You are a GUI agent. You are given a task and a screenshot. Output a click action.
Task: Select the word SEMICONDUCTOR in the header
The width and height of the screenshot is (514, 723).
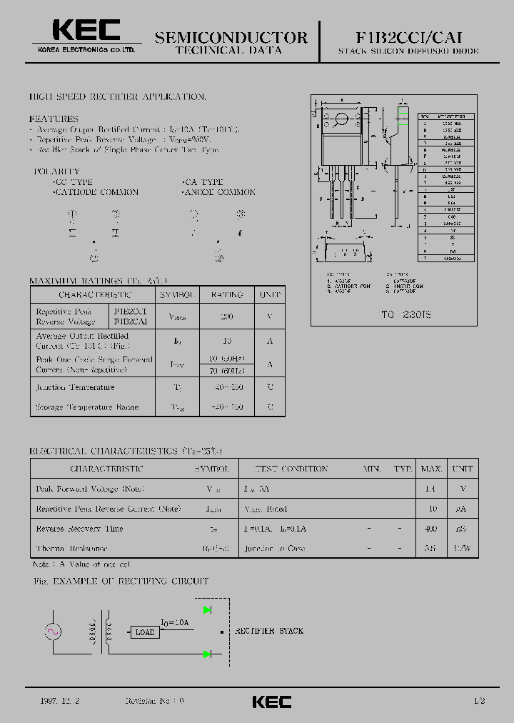[x=231, y=37]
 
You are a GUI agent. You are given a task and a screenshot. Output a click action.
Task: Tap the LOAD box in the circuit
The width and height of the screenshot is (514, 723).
[x=145, y=632]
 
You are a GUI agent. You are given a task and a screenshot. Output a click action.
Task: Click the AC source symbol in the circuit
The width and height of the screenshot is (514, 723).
[x=54, y=632]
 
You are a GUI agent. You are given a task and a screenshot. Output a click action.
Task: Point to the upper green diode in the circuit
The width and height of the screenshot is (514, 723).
[x=208, y=609]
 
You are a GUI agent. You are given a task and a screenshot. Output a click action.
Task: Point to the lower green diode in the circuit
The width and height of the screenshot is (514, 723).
[x=208, y=654]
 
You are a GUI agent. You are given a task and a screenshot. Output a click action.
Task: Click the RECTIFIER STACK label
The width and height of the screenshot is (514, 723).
[x=269, y=631]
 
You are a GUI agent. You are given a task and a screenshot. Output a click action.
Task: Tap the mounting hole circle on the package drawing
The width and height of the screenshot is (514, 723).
[x=341, y=119]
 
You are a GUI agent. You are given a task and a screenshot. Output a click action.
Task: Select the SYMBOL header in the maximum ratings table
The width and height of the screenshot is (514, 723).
[x=175, y=294]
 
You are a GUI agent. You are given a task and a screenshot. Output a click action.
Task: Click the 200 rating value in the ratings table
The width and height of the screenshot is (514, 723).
[x=227, y=316]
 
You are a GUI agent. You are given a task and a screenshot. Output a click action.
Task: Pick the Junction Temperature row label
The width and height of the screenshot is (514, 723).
[x=75, y=387]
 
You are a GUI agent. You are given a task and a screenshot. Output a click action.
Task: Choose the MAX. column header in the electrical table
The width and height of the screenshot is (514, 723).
[x=431, y=469]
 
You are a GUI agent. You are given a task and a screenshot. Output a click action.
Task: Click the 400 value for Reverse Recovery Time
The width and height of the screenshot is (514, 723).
[x=431, y=529]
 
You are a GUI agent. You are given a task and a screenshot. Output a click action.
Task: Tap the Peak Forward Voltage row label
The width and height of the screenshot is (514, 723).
[x=90, y=489]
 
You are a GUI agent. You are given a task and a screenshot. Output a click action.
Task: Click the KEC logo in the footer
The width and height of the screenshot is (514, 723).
[x=271, y=702]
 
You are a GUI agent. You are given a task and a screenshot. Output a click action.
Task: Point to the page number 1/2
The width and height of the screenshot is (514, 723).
[x=479, y=701]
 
